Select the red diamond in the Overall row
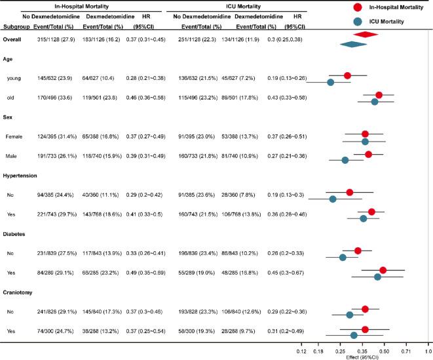point(366,34)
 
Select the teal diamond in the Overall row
point(352,44)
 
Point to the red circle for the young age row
point(347,75)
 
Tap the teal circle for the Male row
point(345,159)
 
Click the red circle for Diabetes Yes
point(383,270)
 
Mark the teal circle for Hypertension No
point(333,199)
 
